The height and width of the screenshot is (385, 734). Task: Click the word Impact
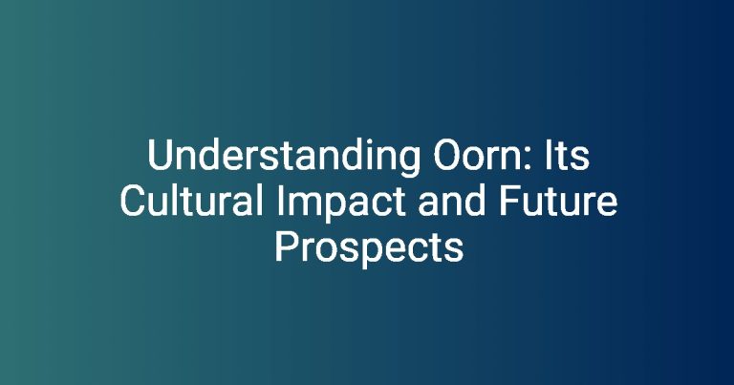340,203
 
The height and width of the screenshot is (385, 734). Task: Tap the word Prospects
369,248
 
